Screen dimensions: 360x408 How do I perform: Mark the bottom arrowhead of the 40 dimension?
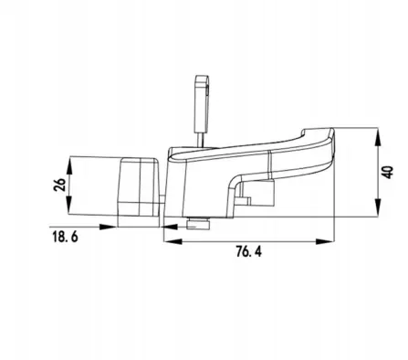point(376,212)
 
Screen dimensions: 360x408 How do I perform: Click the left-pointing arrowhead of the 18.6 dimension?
point(169,229)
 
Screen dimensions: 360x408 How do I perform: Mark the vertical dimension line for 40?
point(376,173)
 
